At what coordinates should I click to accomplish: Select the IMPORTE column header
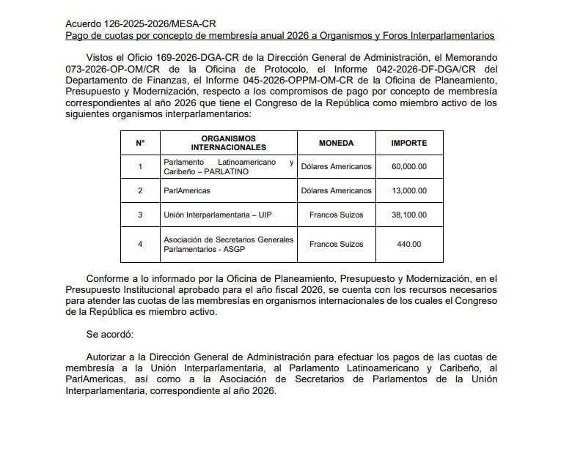pyautogui.click(x=408, y=143)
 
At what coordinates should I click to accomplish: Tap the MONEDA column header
pyautogui.click(x=336, y=143)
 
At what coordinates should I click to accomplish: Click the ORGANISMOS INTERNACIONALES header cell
pyautogui.click(x=227, y=143)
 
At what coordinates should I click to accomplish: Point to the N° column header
pyautogui.click(x=140, y=143)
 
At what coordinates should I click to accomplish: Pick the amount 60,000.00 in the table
pyautogui.click(x=408, y=166)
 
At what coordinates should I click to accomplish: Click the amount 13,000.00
pyautogui.click(x=408, y=190)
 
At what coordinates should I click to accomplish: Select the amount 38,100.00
pyautogui.click(x=408, y=215)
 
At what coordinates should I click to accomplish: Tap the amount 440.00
pyautogui.click(x=408, y=244)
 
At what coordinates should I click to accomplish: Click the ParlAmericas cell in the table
pyautogui.click(x=187, y=190)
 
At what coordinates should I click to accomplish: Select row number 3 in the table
pyautogui.click(x=140, y=215)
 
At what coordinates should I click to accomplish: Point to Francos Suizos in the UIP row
pyautogui.click(x=336, y=215)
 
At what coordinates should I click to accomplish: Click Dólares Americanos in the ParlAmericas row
pyautogui.click(x=336, y=190)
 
